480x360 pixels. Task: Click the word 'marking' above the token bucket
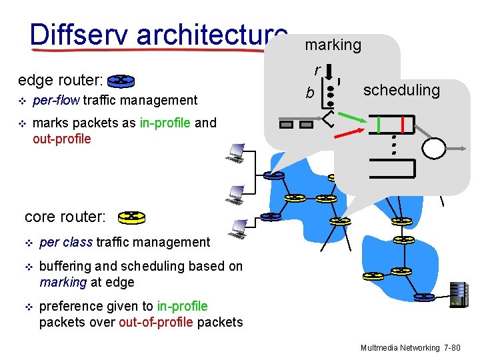(x=333, y=45)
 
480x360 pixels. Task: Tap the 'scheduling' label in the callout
(x=401, y=90)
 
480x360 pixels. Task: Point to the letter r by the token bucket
(x=318, y=69)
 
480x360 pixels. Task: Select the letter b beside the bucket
(x=310, y=93)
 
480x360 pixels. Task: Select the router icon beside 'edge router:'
(x=121, y=81)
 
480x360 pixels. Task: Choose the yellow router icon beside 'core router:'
(x=131, y=217)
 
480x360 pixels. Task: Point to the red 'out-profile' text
(x=61, y=139)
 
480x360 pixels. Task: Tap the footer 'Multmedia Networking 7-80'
(x=410, y=348)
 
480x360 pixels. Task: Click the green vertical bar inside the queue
(x=379, y=125)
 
